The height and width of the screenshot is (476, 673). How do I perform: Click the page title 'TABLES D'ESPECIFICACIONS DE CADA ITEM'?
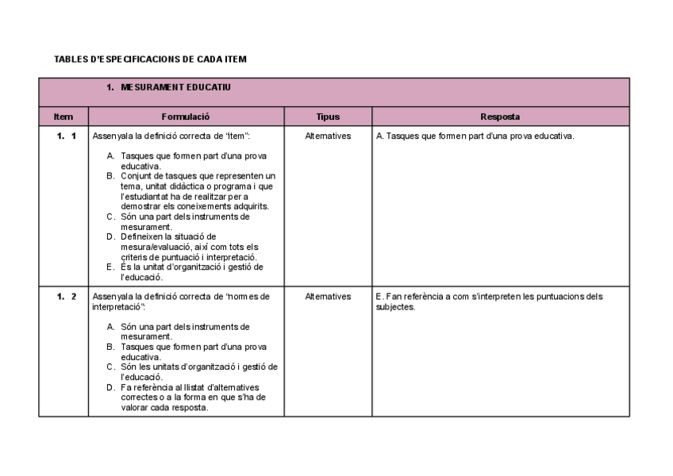pos(151,59)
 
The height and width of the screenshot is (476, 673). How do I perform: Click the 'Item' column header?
pos(63,117)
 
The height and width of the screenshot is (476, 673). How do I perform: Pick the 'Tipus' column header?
pos(328,117)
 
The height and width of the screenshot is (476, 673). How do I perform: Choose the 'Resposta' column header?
pos(500,117)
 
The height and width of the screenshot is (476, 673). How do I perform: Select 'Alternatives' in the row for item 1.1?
pos(328,136)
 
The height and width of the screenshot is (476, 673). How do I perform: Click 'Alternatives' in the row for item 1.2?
pos(328,297)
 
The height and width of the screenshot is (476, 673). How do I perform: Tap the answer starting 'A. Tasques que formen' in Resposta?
pos(475,136)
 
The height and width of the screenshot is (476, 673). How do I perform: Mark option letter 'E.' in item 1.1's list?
pos(112,267)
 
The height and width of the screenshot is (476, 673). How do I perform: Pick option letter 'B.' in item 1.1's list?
pos(112,176)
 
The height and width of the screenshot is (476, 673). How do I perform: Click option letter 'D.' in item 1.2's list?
pos(112,388)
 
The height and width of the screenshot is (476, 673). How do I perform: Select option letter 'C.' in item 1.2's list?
pos(112,367)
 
